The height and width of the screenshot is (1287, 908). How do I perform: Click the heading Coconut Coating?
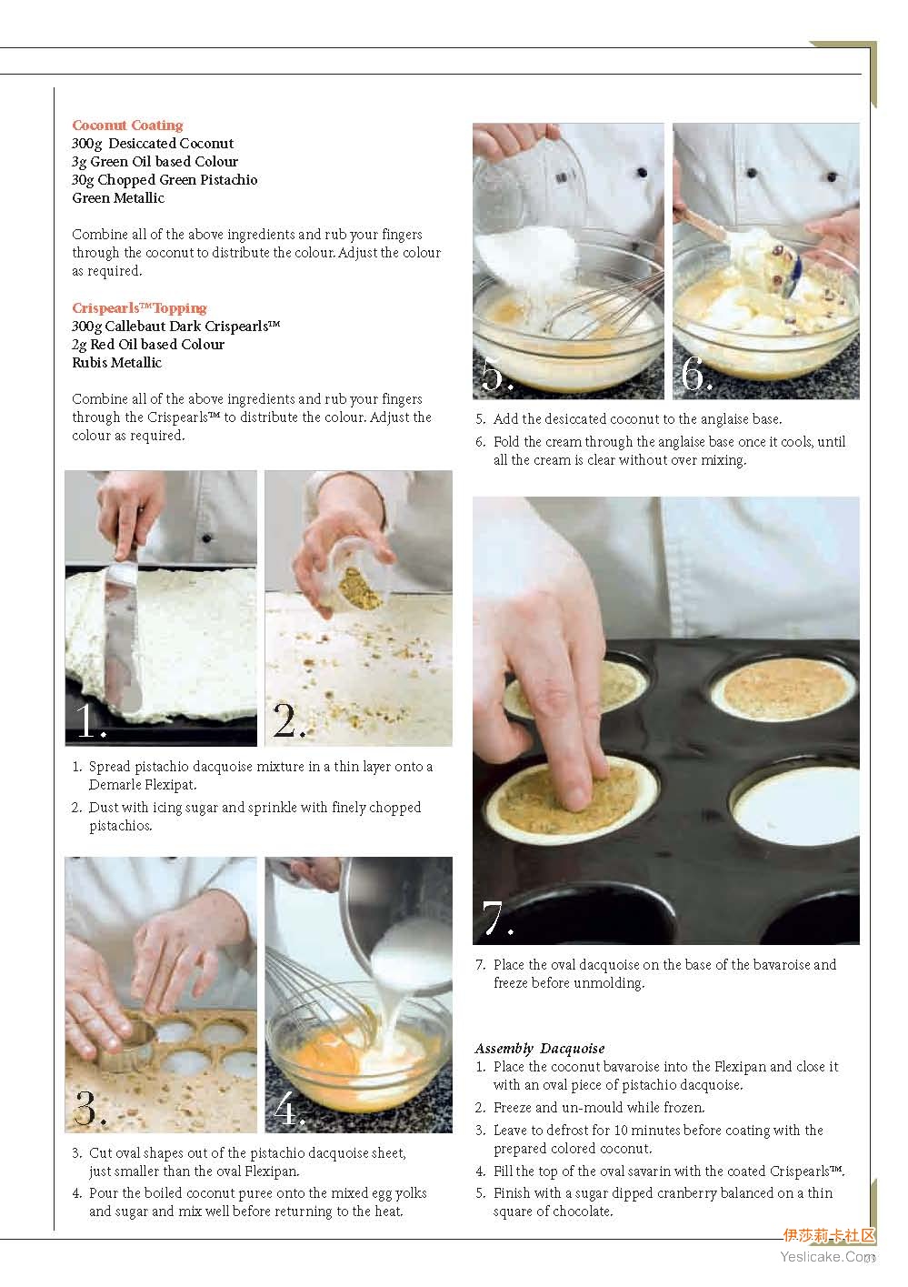click(x=127, y=126)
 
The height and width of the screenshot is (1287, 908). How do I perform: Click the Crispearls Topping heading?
click(x=140, y=308)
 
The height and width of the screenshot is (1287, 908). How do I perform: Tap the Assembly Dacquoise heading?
click(x=540, y=1049)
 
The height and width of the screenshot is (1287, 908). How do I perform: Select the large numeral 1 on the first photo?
click(x=89, y=720)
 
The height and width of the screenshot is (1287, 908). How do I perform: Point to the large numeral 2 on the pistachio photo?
click(x=289, y=720)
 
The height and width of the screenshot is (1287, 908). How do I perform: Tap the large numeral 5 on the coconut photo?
click(x=497, y=374)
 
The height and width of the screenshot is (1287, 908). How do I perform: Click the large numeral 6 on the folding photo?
click(x=696, y=374)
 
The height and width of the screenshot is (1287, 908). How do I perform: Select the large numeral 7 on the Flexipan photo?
click(x=497, y=918)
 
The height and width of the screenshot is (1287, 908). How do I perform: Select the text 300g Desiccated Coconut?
click(x=153, y=143)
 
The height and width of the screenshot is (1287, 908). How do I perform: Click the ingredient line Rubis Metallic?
click(x=116, y=363)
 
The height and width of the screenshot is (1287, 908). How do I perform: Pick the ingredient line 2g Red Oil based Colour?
click(x=148, y=344)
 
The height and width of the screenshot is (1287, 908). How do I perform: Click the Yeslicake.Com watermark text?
click(x=827, y=1257)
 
